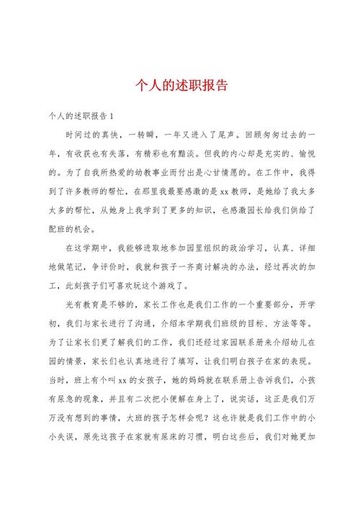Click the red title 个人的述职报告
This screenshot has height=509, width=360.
[x=181, y=85]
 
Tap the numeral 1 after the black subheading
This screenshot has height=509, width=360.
[x=118, y=115]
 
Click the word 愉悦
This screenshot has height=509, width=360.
[x=301, y=154]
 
